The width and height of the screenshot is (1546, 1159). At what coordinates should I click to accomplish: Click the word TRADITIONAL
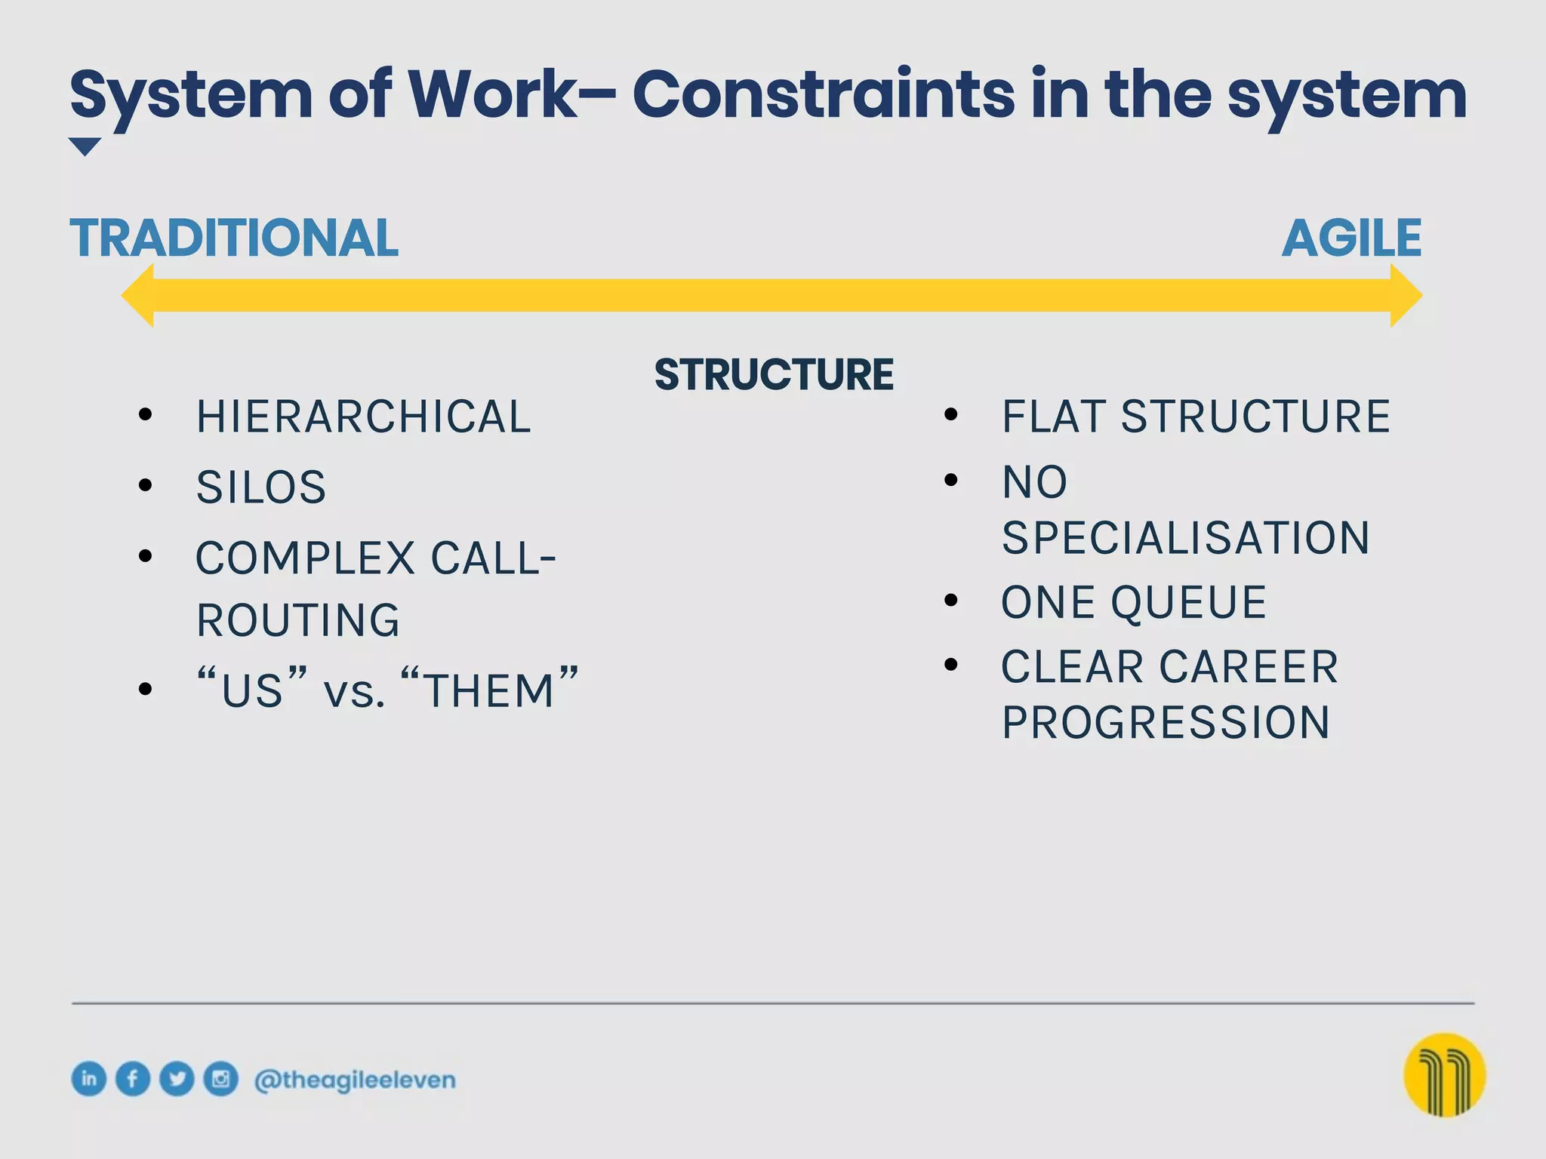pos(233,238)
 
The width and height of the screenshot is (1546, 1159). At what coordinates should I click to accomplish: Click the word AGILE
pos(1351,238)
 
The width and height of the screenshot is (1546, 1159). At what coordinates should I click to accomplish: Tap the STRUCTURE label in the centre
pos(774,374)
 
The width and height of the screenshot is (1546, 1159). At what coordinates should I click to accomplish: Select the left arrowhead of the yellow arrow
pos(140,295)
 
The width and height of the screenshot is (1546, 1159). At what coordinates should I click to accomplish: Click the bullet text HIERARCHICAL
pos(364,417)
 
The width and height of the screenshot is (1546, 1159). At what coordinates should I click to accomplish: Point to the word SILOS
pos(261,487)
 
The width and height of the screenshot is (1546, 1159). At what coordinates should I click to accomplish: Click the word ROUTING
pos(298,620)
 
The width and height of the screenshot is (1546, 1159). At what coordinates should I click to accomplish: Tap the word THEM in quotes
pos(490,690)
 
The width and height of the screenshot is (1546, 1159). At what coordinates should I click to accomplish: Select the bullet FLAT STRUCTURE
pos(1196,417)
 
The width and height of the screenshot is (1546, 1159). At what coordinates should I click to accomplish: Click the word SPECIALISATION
pos(1185,538)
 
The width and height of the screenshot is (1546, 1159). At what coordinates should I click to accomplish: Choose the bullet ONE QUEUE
pos(1134,603)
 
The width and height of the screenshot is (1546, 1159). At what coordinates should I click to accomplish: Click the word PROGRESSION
pos(1166,723)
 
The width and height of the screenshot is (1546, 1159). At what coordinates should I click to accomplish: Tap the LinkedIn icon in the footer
pos(89,1078)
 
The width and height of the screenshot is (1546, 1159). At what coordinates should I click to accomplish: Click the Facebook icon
pos(133,1078)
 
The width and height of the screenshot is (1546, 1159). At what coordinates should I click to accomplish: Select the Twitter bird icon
pos(177,1078)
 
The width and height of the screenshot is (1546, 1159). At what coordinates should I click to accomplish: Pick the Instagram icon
pos(220,1078)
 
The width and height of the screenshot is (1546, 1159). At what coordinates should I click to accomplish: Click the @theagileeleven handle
pos(355,1080)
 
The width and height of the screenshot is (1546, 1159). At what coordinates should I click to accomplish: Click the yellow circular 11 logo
pos(1444,1074)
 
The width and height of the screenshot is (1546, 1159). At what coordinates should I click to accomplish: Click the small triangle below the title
pos(85,146)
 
